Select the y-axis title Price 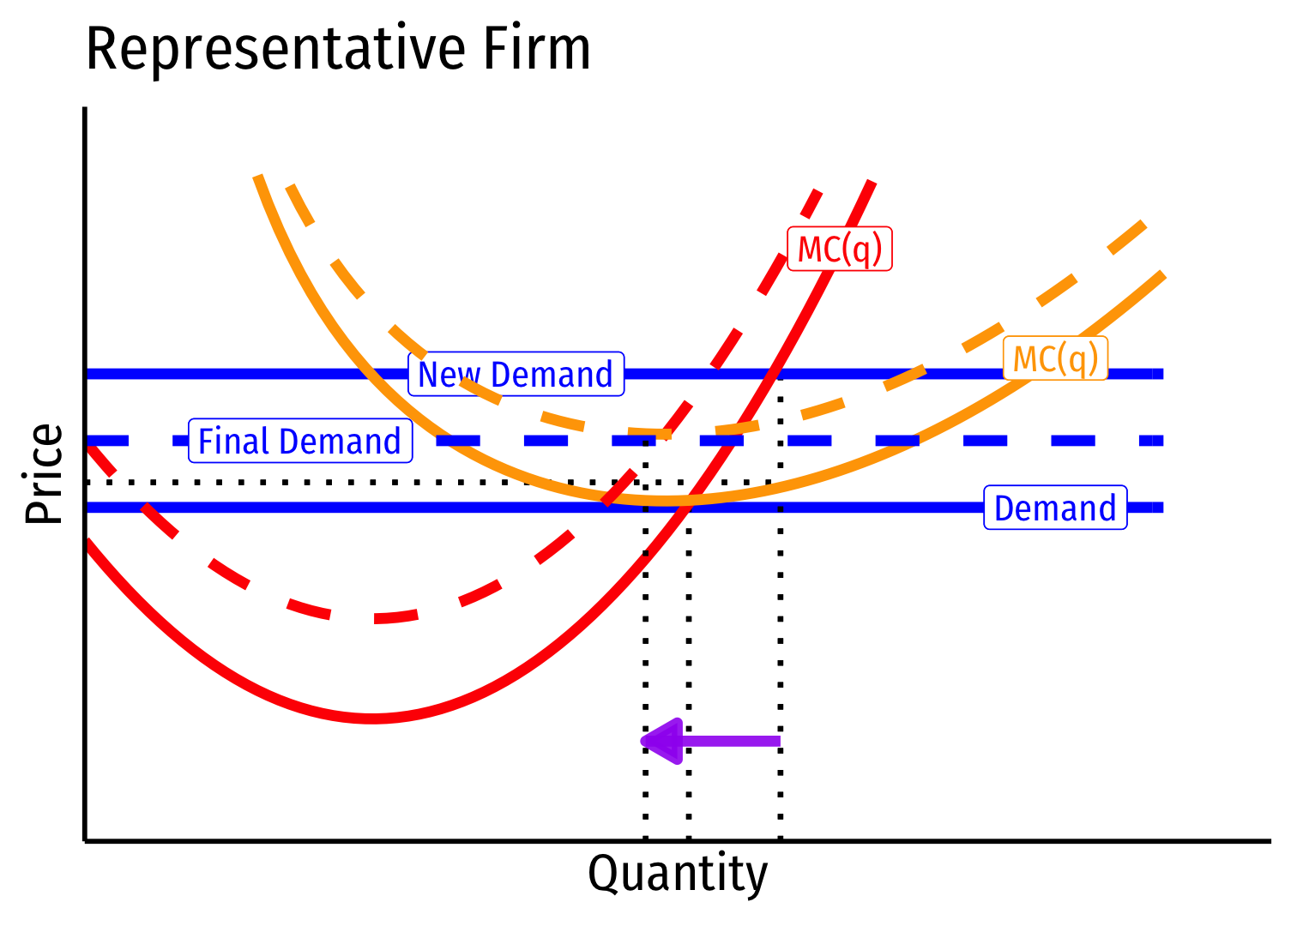tap(44, 473)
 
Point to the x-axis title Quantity tap(678, 875)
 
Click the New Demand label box tap(516, 374)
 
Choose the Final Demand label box tap(299, 442)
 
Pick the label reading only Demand tap(1054, 508)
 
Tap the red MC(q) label tap(840, 249)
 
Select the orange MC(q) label tap(1055, 358)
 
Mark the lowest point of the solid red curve tap(372, 719)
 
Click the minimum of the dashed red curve tap(377, 618)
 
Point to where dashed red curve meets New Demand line tap(719, 374)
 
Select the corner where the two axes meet tap(85, 840)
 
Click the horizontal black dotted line tap(343, 482)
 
